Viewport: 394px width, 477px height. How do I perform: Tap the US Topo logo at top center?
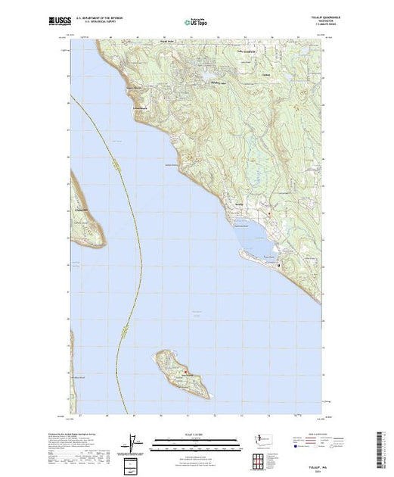pyautogui.click(x=196, y=23)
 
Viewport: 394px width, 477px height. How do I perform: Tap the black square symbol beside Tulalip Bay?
pyautogui.click(x=278, y=265)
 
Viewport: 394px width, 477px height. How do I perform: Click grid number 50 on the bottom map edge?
pyautogui.click(x=161, y=416)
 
